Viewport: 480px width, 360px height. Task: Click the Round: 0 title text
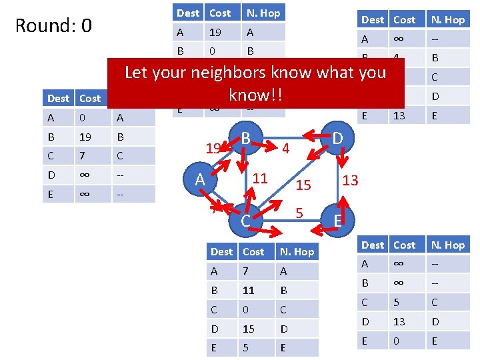53,26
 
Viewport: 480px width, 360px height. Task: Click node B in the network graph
246,139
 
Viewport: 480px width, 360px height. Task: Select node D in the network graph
338,139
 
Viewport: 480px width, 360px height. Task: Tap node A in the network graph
199,180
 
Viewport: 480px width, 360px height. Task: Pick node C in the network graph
245,220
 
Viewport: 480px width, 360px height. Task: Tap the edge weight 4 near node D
285,147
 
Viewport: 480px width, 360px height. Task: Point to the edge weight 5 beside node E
299,213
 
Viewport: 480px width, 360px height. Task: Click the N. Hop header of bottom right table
448,245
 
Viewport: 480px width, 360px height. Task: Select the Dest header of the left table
58,98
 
